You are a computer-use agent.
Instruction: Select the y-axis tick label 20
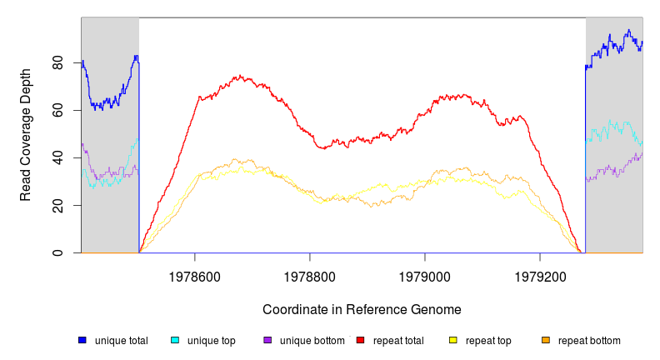pyautogui.click(x=58, y=205)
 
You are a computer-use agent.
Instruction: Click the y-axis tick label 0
pyautogui.click(x=58, y=252)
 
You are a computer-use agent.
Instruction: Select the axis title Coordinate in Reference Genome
pyautogui.click(x=362, y=309)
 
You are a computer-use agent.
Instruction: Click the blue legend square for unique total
pyautogui.click(x=82, y=340)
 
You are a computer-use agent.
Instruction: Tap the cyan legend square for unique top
pyautogui.click(x=175, y=340)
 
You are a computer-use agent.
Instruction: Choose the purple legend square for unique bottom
pyautogui.click(x=267, y=340)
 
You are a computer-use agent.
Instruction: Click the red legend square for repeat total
pyautogui.click(x=360, y=340)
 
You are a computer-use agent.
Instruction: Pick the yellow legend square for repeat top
pyautogui.click(x=453, y=340)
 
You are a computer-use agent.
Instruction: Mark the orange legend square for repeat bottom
pyautogui.click(x=546, y=340)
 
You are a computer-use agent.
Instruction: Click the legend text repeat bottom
pyautogui.click(x=589, y=340)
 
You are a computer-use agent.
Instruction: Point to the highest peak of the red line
pyautogui.click(x=240, y=76)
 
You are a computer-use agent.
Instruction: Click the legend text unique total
pyautogui.click(x=122, y=340)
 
